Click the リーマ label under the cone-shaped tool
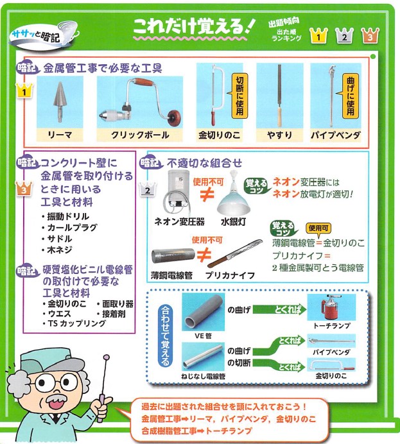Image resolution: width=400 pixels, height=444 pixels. click(x=60, y=135)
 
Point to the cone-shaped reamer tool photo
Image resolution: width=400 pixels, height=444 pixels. click(x=60, y=102)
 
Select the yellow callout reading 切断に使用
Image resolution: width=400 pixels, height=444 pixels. click(x=239, y=95)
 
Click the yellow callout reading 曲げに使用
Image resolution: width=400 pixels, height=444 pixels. click(x=350, y=96)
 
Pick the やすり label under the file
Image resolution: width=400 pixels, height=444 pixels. click(x=279, y=135)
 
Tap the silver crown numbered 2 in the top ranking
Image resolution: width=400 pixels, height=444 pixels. click(x=344, y=35)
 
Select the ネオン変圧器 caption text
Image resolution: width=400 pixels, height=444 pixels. click(x=179, y=221)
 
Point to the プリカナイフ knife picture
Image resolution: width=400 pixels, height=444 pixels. click(x=235, y=253)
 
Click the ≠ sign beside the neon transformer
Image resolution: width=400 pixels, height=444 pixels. click(x=207, y=194)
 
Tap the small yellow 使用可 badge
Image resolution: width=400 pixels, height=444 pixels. click(x=318, y=228)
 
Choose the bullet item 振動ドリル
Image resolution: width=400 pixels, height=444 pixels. click(x=65, y=216)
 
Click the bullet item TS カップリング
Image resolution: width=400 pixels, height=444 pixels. click(x=74, y=323)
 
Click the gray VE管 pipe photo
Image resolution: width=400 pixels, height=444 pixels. click(x=203, y=312)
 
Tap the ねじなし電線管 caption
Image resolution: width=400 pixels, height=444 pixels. click(x=203, y=376)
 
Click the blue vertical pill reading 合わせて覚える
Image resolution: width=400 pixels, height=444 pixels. click(x=165, y=336)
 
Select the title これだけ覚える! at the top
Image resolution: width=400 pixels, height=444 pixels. click(x=195, y=26)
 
